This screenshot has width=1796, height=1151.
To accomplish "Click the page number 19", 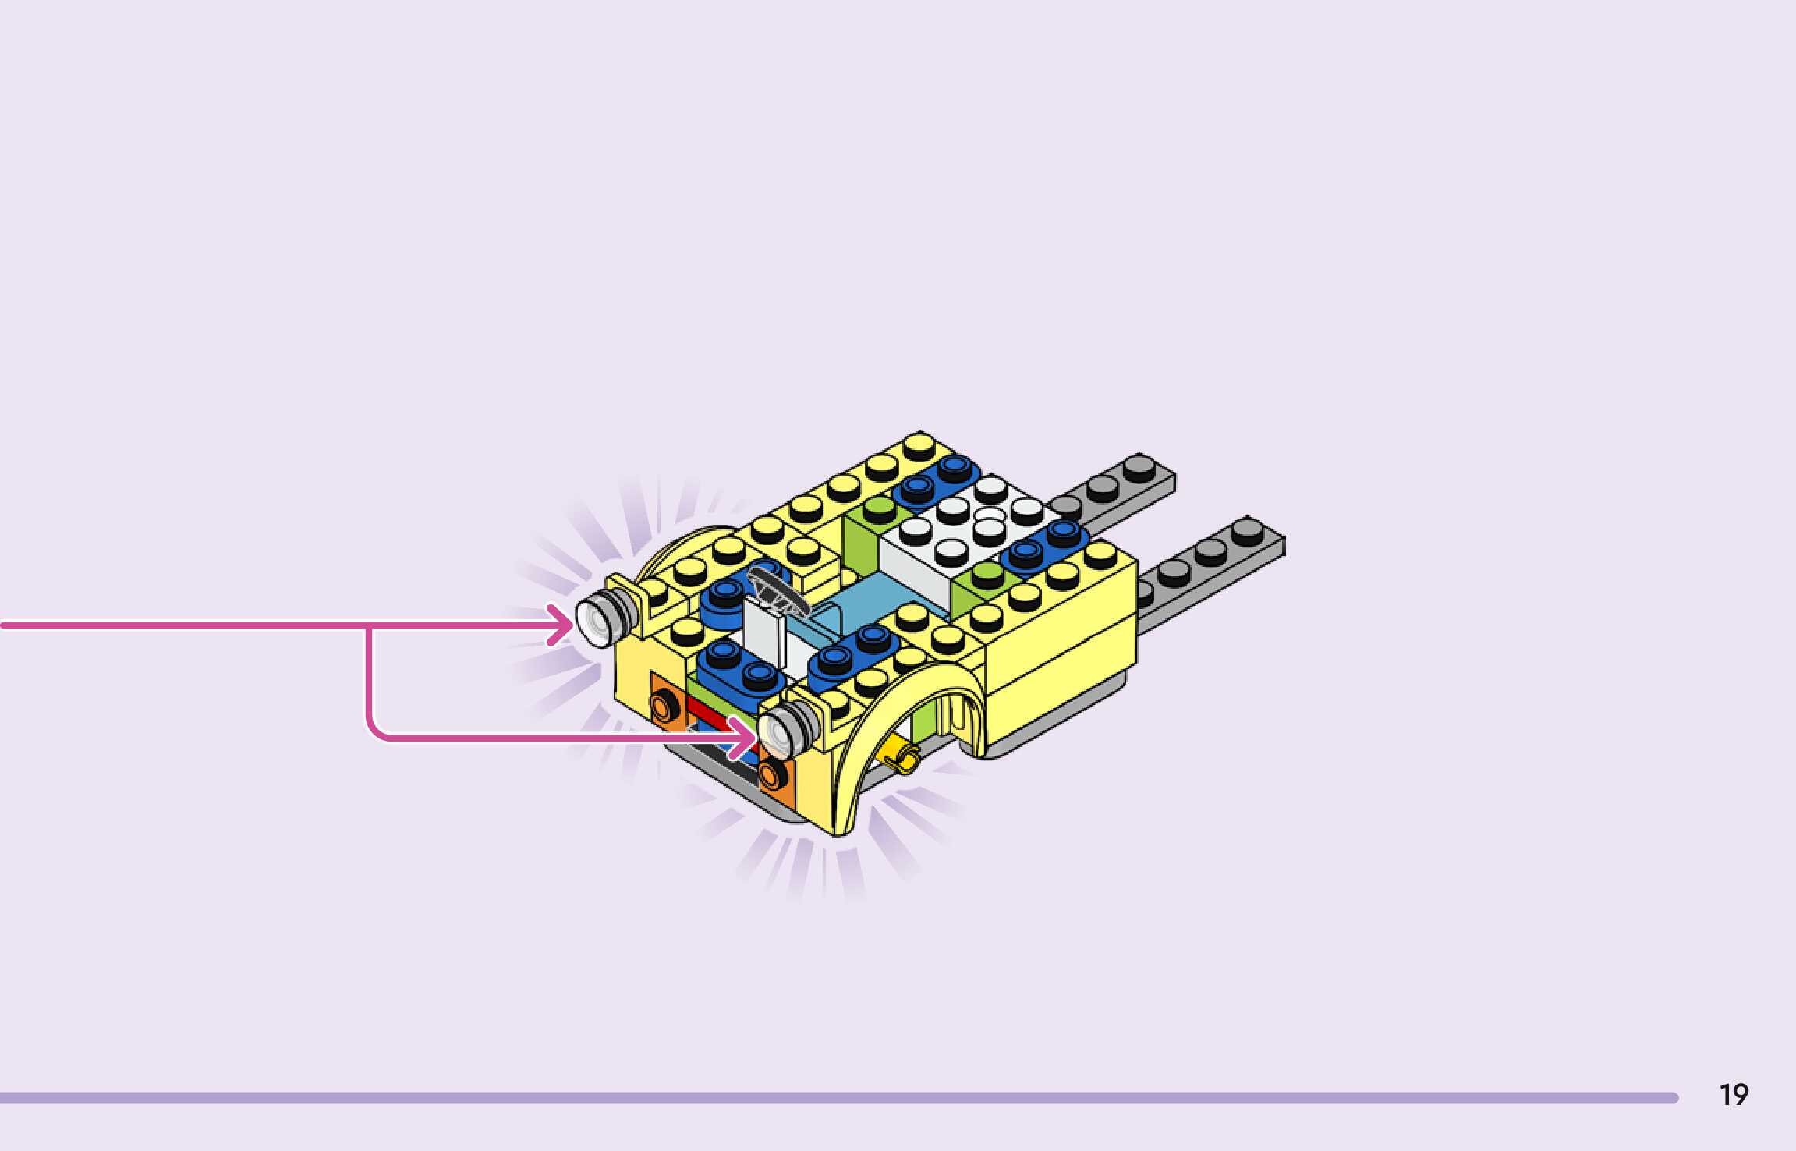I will pos(1734,1095).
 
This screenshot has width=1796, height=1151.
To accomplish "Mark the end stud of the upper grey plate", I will pos(1139,467).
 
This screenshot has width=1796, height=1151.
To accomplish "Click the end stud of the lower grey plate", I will pos(1246,530).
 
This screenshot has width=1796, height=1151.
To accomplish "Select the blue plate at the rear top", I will pos(936,477).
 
